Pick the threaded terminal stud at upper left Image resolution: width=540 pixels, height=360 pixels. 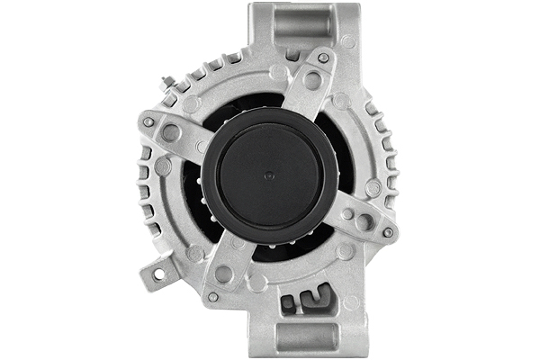167,83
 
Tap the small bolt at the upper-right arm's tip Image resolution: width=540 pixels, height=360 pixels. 323,58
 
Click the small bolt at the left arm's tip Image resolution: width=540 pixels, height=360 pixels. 148,121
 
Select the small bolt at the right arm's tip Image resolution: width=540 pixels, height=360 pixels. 387,232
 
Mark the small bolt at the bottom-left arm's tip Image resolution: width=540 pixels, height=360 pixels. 212,296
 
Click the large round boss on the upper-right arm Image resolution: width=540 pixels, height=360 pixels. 312,80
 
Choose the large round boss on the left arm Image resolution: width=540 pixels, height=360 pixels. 170,132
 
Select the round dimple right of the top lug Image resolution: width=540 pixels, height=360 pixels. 347,41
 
